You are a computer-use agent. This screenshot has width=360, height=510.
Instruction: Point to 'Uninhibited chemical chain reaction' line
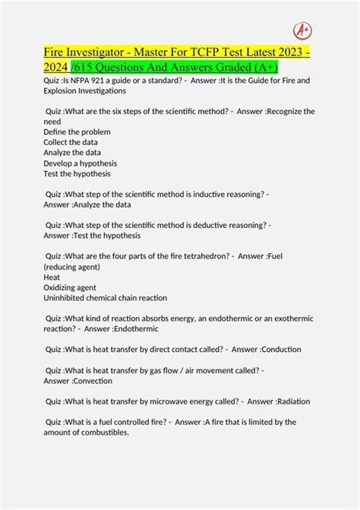[105, 298]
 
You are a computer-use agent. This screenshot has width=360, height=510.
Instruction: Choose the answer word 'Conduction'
[276, 349]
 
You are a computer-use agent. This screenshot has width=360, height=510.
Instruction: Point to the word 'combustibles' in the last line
[106, 432]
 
